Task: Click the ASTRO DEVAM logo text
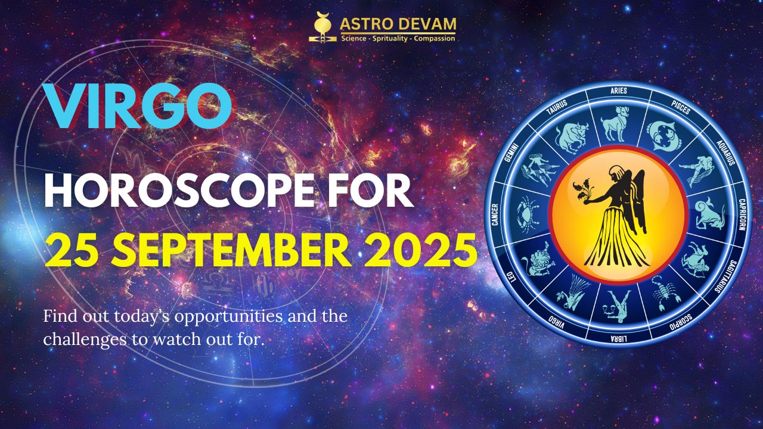(x=398, y=25)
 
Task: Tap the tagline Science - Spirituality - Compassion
(x=398, y=38)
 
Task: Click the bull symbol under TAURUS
(x=572, y=135)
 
